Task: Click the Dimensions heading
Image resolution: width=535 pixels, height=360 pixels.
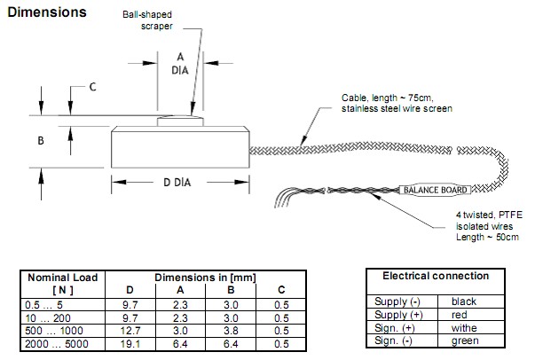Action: click(x=46, y=12)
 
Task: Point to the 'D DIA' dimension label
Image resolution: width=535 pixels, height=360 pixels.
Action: click(x=179, y=183)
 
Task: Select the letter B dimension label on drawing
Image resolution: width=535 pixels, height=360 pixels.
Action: click(x=40, y=140)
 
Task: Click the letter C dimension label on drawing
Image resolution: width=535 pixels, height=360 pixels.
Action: click(x=92, y=87)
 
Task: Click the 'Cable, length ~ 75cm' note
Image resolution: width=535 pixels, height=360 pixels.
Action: click(x=397, y=103)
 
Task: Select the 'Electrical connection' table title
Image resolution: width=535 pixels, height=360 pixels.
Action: click(x=436, y=276)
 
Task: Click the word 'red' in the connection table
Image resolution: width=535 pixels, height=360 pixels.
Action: click(x=459, y=314)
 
